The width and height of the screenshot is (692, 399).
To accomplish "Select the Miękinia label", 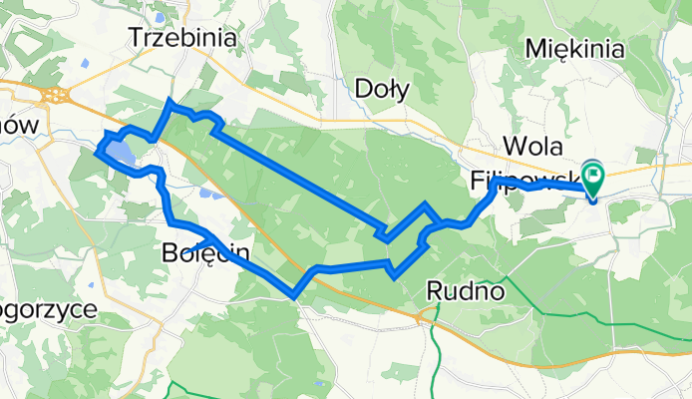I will click(577, 50).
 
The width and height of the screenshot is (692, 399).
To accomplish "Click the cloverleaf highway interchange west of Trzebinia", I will click(56, 96).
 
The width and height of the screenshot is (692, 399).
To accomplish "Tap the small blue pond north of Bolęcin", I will click(204, 195).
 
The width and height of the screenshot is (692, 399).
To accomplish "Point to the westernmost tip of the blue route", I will click(96, 153).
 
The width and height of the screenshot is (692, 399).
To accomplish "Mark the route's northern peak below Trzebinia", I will click(172, 103).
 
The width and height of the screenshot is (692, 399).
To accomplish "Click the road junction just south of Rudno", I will click(429, 317).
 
